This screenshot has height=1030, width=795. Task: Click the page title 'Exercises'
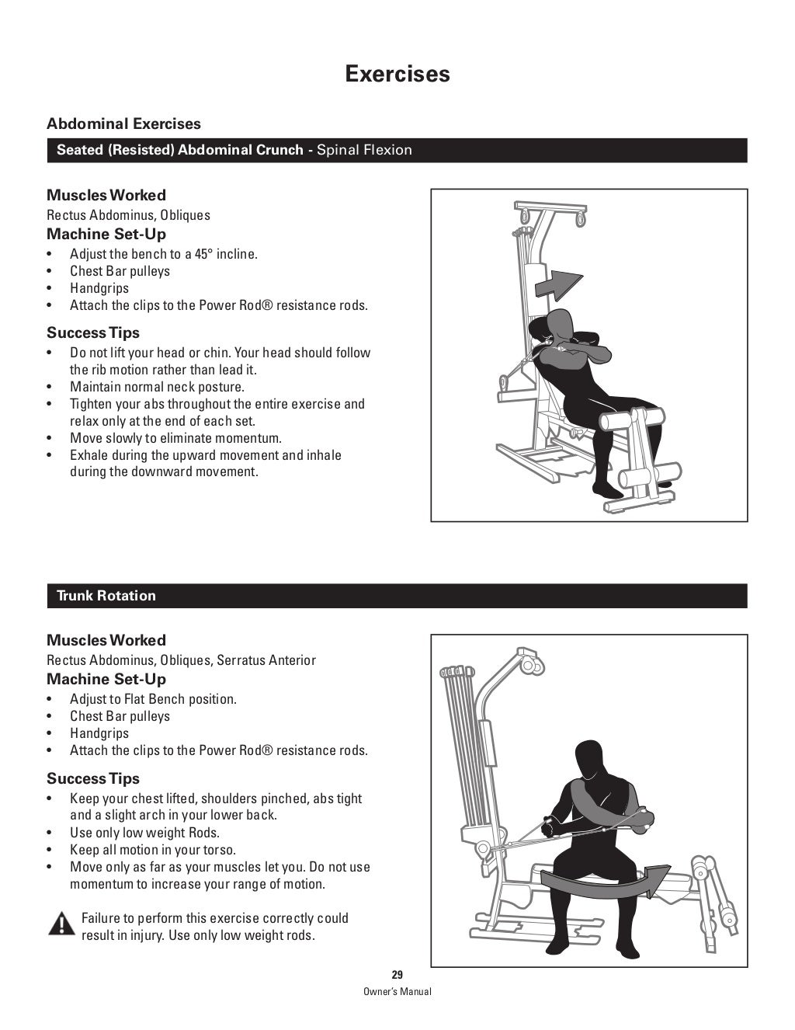coord(397,74)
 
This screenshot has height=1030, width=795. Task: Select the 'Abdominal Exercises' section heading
coord(123,124)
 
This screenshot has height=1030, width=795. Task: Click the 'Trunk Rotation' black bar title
coord(106,596)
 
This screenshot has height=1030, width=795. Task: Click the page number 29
coord(397,976)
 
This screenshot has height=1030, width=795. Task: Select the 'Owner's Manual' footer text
coord(397,992)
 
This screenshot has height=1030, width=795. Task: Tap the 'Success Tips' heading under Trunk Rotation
coord(93,778)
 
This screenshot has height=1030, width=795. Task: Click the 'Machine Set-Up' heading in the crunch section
coord(106,234)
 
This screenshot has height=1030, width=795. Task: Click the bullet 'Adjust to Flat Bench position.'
coord(153,699)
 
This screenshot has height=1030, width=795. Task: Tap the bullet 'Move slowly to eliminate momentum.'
coord(175,438)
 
